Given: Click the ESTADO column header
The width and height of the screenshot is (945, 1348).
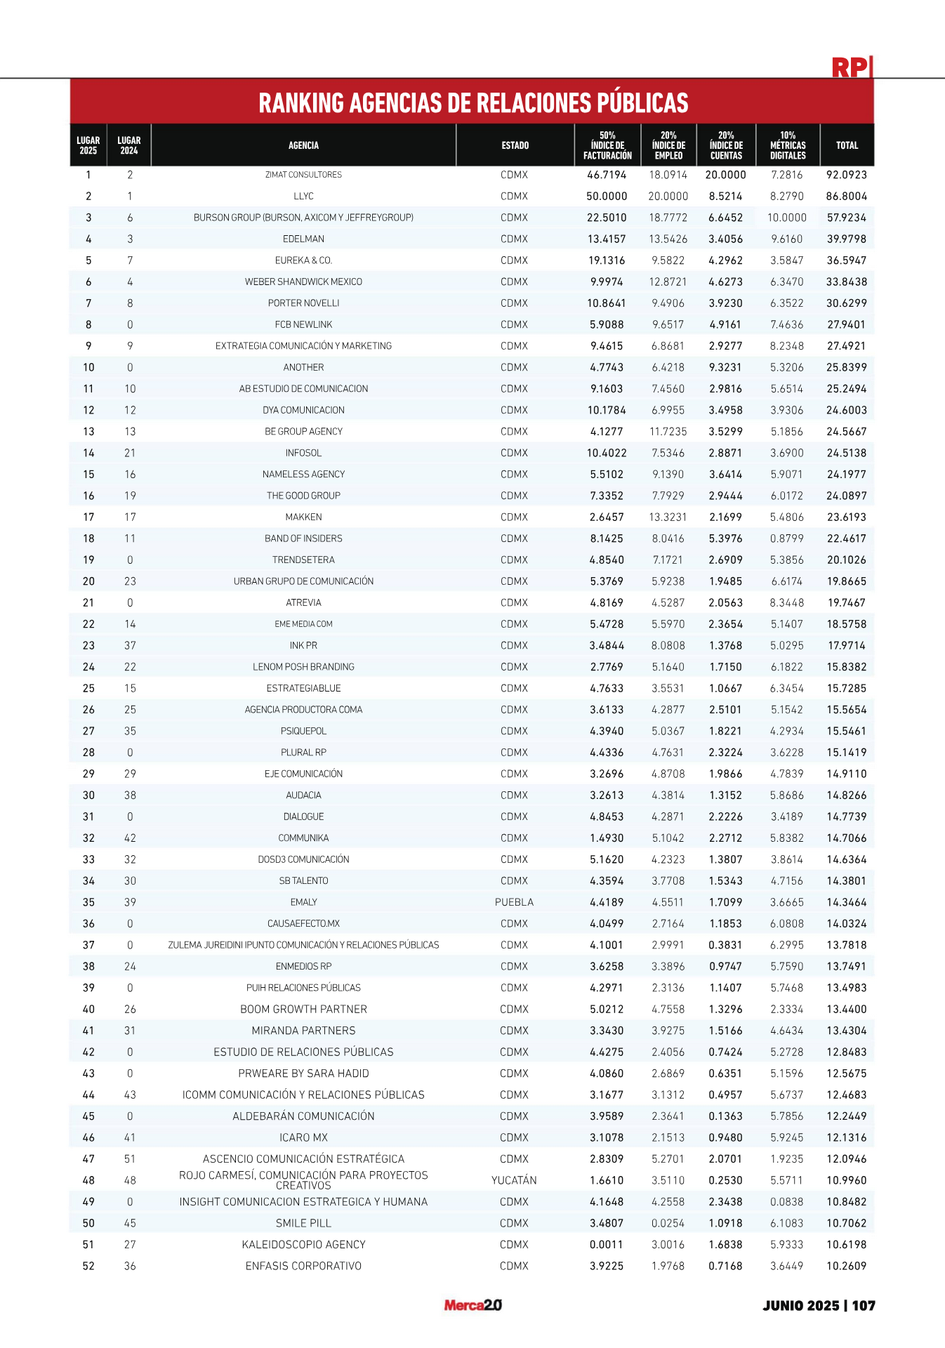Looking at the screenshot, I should (x=515, y=145).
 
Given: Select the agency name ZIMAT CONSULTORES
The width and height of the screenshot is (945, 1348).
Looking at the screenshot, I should (x=303, y=175).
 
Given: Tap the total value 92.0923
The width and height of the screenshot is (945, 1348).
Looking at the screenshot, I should (x=846, y=175).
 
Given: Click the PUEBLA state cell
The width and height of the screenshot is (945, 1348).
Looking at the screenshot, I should (x=514, y=902).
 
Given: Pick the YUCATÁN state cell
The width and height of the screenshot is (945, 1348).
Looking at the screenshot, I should (x=514, y=1180).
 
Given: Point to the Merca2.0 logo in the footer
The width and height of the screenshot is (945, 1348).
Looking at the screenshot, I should (x=472, y=1305).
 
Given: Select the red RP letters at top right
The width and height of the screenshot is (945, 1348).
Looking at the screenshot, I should (x=850, y=67).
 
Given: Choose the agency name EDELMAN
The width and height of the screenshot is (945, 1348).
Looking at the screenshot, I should (x=303, y=239).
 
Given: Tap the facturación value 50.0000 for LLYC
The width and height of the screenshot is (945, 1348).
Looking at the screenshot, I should (x=607, y=197).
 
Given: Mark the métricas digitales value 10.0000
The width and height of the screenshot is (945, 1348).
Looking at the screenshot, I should (x=786, y=218).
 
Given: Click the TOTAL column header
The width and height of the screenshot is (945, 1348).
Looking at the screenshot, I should (x=847, y=145).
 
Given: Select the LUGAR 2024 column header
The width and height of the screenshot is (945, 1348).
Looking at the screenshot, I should (x=129, y=145).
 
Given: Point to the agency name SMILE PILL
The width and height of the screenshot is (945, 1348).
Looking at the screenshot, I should (x=303, y=1223).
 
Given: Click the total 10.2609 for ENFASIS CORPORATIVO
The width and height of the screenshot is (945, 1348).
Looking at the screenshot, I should (x=846, y=1266).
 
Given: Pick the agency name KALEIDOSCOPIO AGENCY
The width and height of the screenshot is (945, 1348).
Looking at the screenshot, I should (x=303, y=1245).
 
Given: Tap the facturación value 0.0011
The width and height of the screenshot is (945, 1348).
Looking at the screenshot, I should (x=607, y=1245).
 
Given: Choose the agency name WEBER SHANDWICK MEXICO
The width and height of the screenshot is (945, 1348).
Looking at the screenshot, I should (x=303, y=282).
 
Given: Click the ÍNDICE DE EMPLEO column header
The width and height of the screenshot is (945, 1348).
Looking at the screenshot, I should (x=668, y=145).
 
